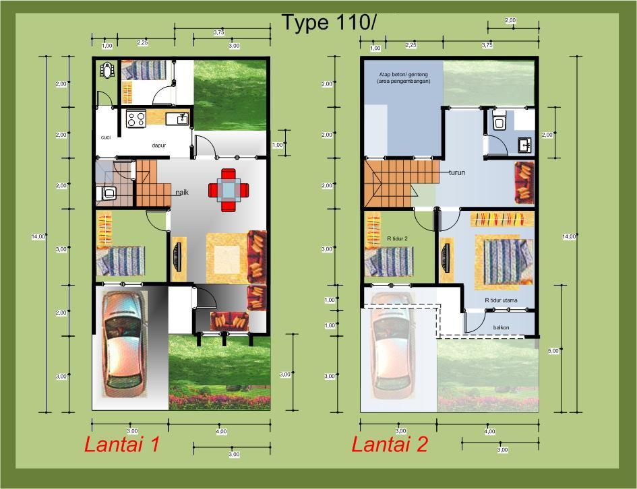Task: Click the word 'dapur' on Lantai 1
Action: [158, 145]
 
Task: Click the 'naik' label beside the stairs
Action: [182, 193]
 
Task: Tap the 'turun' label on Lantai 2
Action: [458, 172]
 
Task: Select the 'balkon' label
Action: [501, 328]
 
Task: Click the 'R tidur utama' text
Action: [500, 300]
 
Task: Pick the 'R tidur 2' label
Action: [398, 238]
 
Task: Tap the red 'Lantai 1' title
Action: [121, 445]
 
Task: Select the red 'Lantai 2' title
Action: [390, 445]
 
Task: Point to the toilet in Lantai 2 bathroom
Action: [499, 120]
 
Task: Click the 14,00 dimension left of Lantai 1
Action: [38, 236]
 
